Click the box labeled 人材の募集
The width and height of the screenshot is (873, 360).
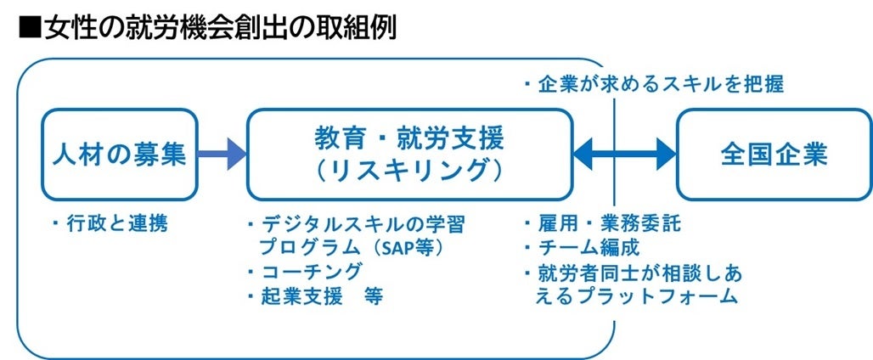point(119,155)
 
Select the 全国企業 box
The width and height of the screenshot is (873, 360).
point(774,155)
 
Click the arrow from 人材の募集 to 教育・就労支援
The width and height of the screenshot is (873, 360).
point(222,155)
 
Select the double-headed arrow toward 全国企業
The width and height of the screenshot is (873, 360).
point(625,155)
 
